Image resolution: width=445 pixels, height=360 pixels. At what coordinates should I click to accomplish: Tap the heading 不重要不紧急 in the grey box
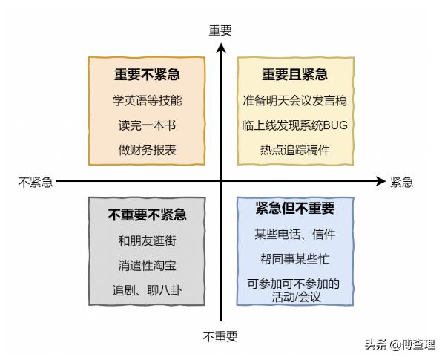pos(147,215)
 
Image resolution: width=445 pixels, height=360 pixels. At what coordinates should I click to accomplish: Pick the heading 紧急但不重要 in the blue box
pos(294,209)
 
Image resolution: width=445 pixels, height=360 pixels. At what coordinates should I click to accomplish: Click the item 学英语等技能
pos(147,100)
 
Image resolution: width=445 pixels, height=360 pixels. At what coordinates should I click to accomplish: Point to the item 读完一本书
pos(147,125)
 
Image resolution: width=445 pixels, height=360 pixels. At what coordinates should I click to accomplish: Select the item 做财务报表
pos(147,150)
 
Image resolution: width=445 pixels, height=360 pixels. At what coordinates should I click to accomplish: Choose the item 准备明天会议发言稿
pos(294,100)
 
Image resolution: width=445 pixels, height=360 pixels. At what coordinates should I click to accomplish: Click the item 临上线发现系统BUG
pos(294,125)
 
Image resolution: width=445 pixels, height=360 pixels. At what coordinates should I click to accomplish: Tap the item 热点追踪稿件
pos(294,150)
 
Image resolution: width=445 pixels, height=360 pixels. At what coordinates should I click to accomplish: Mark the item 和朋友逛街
pos(147,240)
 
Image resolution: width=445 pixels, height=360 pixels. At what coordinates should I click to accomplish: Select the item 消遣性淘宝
pos(147,265)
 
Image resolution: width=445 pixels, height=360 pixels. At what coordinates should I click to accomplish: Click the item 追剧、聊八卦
pos(147,290)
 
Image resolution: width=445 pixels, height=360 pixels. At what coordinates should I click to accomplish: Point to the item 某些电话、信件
pos(294,234)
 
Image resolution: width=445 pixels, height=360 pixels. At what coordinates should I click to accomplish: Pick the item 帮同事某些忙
pos(294,258)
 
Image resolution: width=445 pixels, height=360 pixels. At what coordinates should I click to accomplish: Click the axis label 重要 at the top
pos(220,30)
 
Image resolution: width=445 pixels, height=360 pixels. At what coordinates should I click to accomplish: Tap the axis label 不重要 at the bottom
pos(220,336)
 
